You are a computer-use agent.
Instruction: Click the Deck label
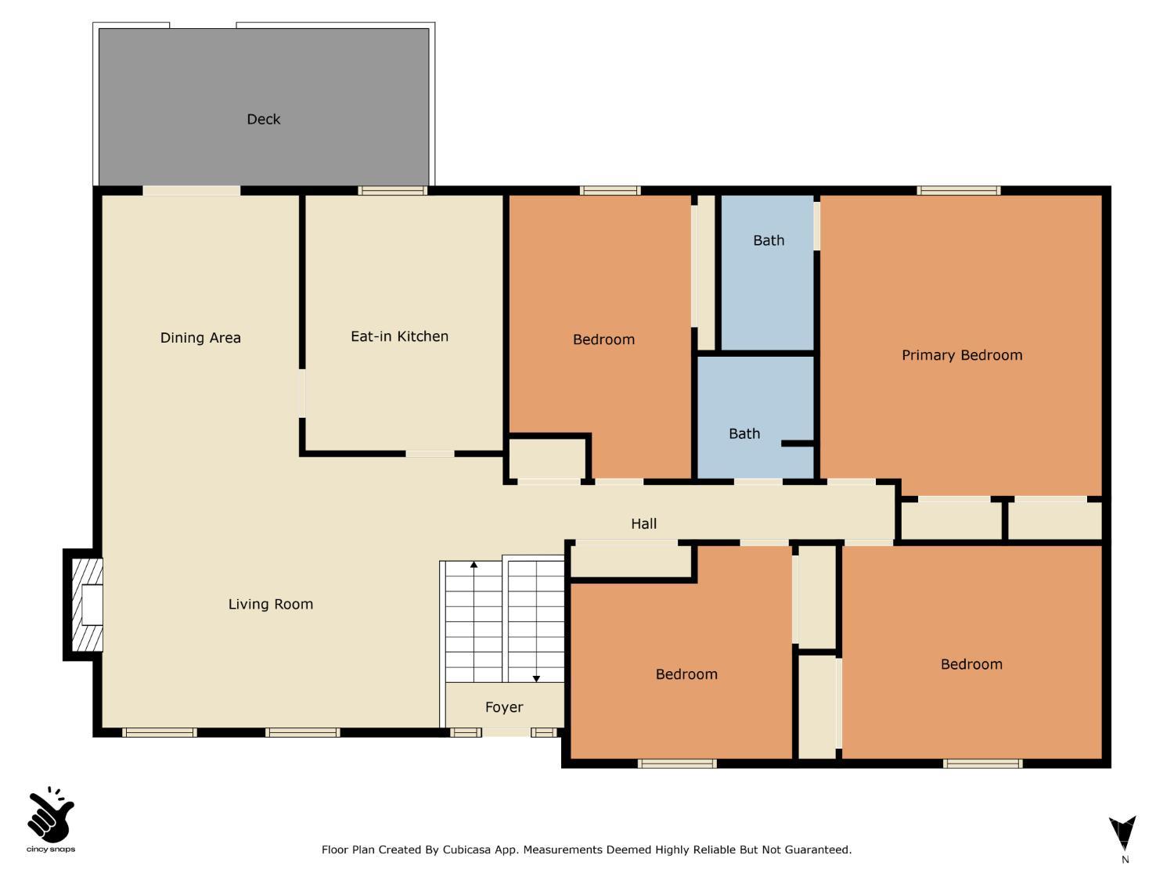pos(263,119)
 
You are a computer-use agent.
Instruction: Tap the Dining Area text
pos(200,338)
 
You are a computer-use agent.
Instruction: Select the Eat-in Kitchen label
pos(399,336)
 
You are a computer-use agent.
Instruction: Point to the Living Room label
pos(270,604)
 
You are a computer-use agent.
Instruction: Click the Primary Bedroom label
pos(962,355)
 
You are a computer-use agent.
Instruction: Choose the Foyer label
pos(503,707)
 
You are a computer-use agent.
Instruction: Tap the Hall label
pos(643,524)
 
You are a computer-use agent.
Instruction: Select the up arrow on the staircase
pos(474,565)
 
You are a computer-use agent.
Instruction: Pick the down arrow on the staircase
pos(536,677)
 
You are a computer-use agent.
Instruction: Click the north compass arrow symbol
pos(1123,833)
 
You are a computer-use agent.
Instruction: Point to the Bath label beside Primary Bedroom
pos(768,241)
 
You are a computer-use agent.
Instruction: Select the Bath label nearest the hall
pos(744,434)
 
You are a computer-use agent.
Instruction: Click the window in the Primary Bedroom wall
pos(959,190)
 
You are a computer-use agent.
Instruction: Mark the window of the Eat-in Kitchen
pos(393,190)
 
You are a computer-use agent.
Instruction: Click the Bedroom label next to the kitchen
pos(603,339)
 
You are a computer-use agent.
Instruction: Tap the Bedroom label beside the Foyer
pos(686,674)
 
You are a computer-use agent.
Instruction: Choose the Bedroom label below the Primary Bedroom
pos(971,664)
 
